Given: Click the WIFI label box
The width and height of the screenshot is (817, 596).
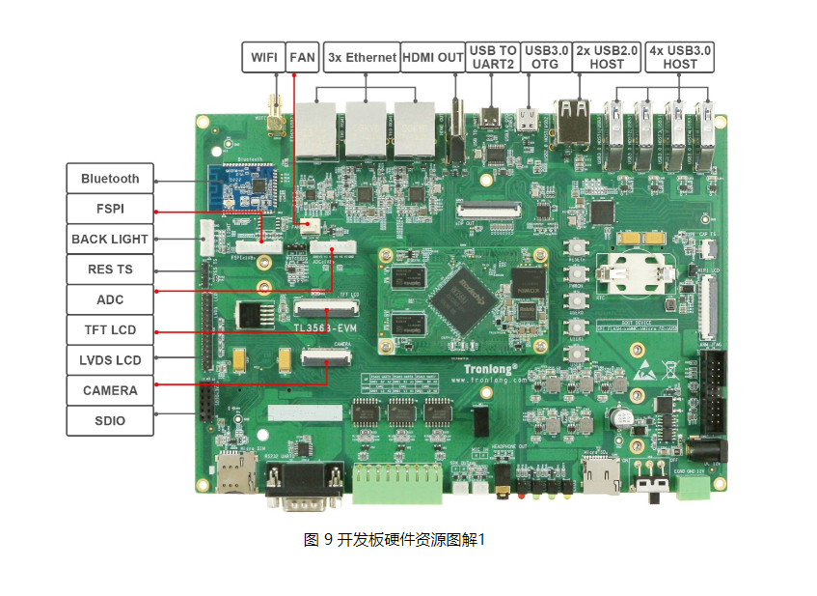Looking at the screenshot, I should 263,57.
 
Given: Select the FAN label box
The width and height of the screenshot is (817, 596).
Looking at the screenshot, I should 303,57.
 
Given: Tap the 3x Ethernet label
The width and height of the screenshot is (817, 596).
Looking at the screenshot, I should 362,57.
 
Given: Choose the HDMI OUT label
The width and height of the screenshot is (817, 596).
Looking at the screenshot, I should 432,57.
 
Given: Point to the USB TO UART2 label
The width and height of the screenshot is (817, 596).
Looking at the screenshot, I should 493,57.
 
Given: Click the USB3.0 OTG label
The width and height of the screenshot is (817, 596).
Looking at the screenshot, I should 546,57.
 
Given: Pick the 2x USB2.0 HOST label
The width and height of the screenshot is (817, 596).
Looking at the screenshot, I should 607,57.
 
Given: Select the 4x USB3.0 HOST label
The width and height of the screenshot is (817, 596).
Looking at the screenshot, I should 680,57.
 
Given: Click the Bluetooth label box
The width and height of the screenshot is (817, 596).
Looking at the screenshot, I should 110,179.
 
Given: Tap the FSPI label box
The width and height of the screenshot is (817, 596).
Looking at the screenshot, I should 110,209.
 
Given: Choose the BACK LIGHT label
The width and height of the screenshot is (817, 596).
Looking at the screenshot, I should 110,239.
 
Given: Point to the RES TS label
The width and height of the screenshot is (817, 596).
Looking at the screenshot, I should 110,270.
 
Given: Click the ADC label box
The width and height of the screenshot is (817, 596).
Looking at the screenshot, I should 110,299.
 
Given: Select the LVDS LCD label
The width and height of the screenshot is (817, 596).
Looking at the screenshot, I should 110,360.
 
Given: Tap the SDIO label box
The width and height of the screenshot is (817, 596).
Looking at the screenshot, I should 110,421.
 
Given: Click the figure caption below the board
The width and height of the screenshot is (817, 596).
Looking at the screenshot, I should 395,539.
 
